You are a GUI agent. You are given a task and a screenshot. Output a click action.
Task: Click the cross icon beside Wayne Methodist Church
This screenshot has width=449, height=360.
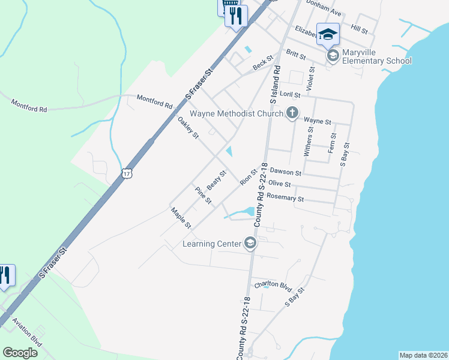click(x=292, y=113)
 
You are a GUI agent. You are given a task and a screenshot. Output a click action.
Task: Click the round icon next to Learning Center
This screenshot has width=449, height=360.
click(x=250, y=243)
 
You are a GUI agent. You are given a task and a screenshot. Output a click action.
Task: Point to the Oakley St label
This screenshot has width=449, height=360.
click(x=188, y=127)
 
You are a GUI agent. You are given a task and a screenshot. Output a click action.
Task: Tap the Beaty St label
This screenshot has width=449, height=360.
click(x=216, y=178)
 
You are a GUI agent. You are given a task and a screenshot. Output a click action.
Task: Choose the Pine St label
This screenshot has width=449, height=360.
click(x=203, y=195)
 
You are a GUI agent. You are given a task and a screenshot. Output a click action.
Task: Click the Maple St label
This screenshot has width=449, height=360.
click(x=180, y=218)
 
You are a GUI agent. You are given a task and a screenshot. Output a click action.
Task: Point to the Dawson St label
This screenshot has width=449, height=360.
click(x=286, y=172)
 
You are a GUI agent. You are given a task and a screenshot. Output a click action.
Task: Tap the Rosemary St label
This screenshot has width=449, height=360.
click(x=285, y=198)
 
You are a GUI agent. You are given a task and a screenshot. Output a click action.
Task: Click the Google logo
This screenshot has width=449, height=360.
click(x=20, y=353)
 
